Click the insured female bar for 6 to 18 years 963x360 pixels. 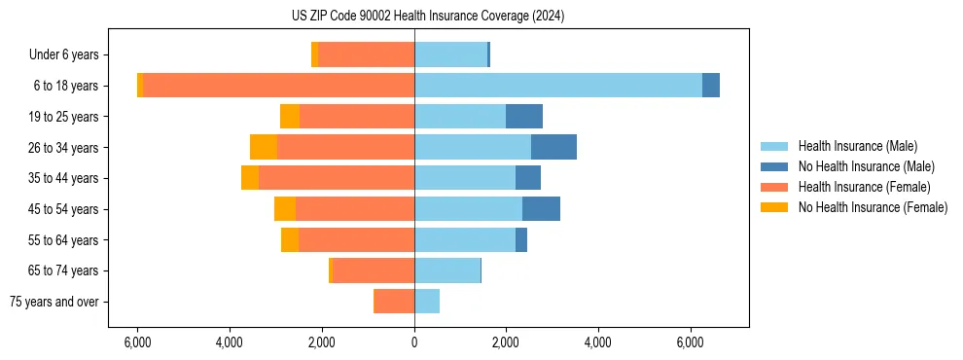point(278,86)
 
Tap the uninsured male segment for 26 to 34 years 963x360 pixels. point(553,147)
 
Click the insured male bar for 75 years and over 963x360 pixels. point(427,302)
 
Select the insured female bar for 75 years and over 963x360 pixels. point(394,302)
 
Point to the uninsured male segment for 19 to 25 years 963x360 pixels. point(524,117)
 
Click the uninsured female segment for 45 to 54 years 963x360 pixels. point(285,209)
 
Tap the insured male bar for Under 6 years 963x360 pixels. point(450,54)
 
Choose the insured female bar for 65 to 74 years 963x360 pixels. point(374,270)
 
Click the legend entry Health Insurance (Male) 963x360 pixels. point(857,146)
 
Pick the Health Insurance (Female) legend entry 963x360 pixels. point(864,187)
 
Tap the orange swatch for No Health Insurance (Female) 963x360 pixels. point(775,207)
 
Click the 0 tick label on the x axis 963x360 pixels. point(414,342)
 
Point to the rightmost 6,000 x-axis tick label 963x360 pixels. point(690,342)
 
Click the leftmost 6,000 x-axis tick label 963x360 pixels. point(138,342)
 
